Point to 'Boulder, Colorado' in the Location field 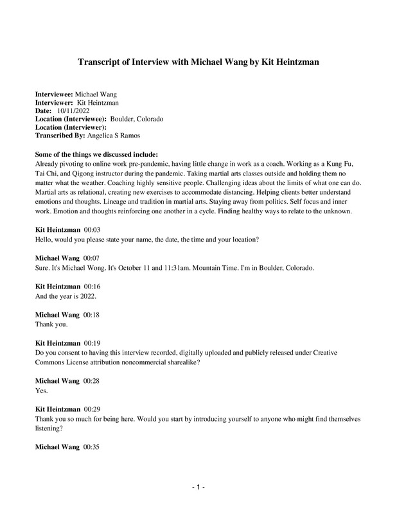(x=137, y=120)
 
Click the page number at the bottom (x=198, y=488)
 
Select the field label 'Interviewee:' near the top (x=55, y=94)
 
